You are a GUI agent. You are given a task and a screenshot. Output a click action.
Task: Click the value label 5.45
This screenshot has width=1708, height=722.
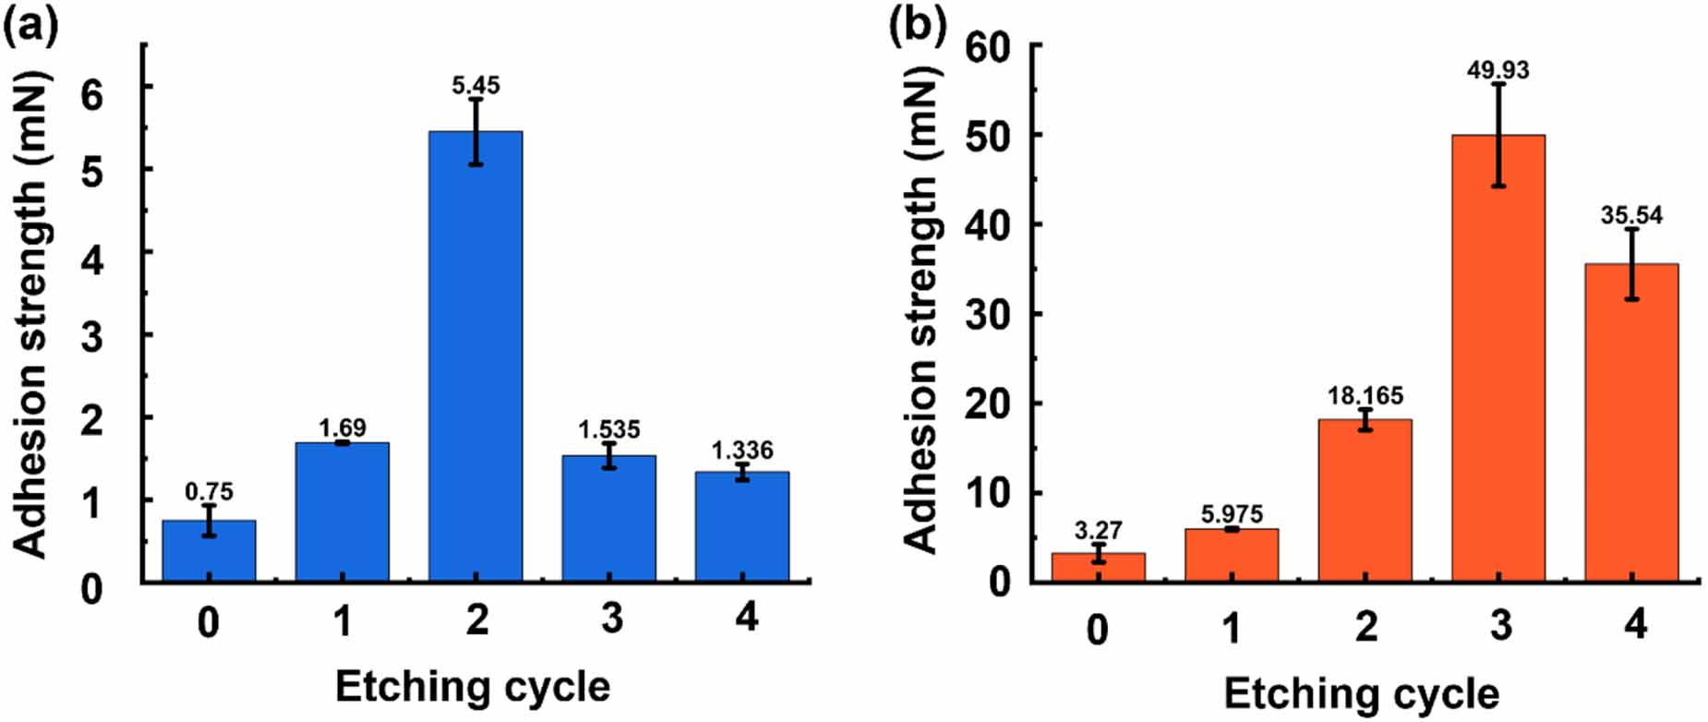(x=475, y=86)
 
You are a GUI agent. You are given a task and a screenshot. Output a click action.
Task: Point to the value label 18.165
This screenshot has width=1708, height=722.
(x=1365, y=396)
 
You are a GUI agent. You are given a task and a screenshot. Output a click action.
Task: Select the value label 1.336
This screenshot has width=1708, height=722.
(x=741, y=451)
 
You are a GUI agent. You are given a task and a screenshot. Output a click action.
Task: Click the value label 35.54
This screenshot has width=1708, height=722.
(x=1631, y=215)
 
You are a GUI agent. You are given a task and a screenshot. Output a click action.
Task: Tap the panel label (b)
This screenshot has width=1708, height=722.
(x=917, y=26)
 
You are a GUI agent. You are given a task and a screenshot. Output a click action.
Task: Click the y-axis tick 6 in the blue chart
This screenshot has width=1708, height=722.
(x=91, y=95)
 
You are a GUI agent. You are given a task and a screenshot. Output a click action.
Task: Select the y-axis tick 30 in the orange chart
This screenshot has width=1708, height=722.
(x=987, y=314)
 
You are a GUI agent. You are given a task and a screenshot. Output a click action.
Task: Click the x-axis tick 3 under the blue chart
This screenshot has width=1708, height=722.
(x=611, y=618)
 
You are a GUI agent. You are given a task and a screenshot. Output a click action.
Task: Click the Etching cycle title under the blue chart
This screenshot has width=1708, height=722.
(x=472, y=687)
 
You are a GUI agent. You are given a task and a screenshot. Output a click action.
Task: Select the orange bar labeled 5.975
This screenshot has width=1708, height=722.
(x=1231, y=555)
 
